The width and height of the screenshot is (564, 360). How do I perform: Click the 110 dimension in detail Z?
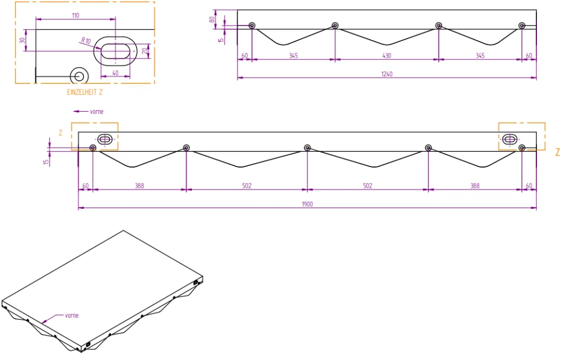click(x=75, y=15)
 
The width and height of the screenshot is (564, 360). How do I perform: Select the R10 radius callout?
click(x=85, y=41)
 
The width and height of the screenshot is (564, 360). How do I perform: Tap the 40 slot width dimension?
click(x=116, y=73)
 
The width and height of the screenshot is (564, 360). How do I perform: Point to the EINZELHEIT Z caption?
click(x=85, y=91)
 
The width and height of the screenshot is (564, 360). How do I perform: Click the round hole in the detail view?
click(x=78, y=76)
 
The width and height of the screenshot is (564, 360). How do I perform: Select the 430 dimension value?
click(x=386, y=56)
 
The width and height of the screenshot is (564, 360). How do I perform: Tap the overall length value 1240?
click(x=387, y=74)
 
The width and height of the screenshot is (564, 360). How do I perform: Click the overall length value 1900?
click(x=307, y=205)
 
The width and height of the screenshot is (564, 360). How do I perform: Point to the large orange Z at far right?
click(x=557, y=152)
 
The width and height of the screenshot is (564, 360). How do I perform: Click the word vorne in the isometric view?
click(x=72, y=315)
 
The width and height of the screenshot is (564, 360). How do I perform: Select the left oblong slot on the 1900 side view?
click(x=105, y=139)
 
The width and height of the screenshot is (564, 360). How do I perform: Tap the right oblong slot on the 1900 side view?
click(x=509, y=139)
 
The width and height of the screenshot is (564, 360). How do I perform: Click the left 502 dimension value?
click(x=246, y=186)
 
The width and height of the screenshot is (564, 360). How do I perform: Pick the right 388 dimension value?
click(x=475, y=186)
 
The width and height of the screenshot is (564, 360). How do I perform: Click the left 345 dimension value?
click(x=293, y=56)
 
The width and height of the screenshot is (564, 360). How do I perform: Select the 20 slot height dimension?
click(x=145, y=51)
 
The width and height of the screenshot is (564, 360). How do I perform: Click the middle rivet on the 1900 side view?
click(x=307, y=148)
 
